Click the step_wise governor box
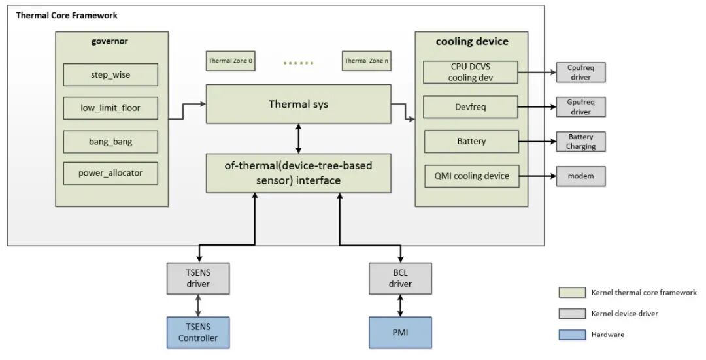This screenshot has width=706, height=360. tap(110, 74)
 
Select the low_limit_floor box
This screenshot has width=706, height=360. tap(110, 108)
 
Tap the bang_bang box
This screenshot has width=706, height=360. tap(110, 141)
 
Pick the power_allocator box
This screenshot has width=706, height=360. tap(110, 173)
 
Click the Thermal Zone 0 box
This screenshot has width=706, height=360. tap(230, 61)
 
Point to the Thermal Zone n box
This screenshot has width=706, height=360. tap(366, 61)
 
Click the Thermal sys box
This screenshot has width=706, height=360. tap(298, 104)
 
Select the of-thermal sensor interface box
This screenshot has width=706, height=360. tap(298, 173)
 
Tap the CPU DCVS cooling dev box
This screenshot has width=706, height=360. tap(471, 72)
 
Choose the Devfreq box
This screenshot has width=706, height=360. tap(471, 106)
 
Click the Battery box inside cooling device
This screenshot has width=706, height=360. tap(471, 141)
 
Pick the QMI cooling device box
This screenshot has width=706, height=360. tap(471, 176)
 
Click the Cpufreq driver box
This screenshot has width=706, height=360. tap(580, 72)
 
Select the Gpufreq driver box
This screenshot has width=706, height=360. tap(580, 107)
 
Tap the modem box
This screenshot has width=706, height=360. tap(580, 176)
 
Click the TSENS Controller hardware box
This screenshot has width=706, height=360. tap(198, 332)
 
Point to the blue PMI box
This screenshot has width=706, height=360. tap(400, 332)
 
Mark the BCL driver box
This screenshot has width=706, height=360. tap(400, 278)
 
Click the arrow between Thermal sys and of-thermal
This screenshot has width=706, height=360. tap(299, 139)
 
